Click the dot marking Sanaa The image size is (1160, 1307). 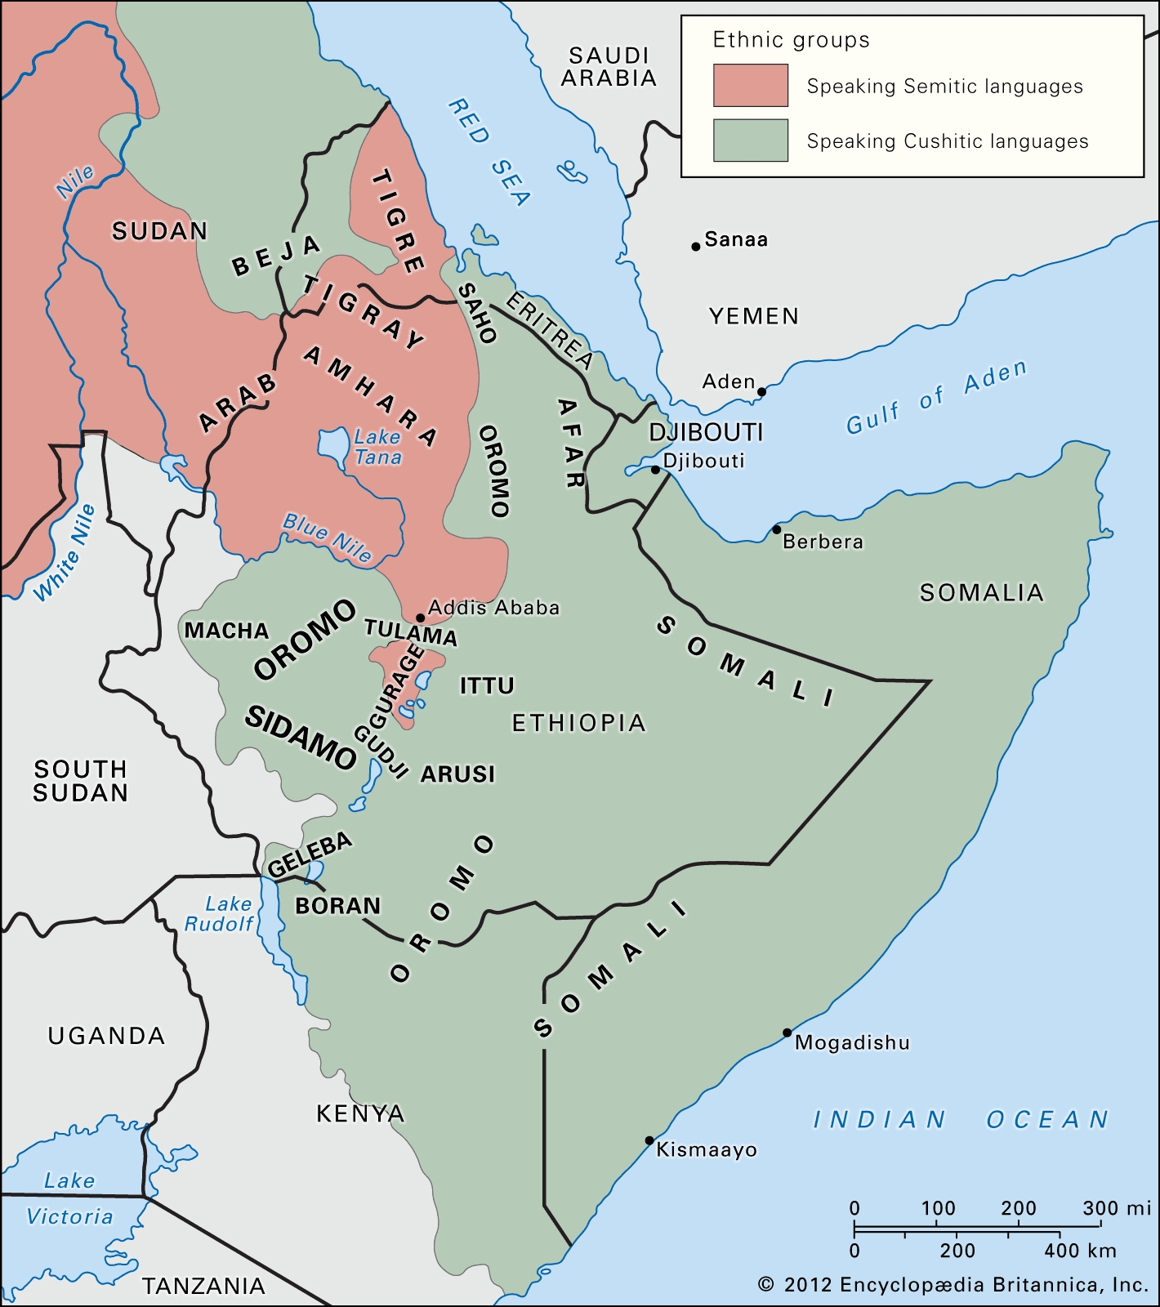point(695,246)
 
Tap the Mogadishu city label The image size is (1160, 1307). point(851,1042)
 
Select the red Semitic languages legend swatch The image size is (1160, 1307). point(750,85)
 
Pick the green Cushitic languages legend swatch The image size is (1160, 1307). point(750,140)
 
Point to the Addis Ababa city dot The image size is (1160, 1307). point(420,618)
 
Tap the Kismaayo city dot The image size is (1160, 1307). point(649,1140)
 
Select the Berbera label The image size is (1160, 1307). point(823,542)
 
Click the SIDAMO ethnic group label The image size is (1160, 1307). point(301,737)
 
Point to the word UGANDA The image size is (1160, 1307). point(106,1036)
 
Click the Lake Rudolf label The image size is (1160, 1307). point(219,914)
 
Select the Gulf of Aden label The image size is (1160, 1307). point(935,398)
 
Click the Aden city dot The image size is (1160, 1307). point(761,392)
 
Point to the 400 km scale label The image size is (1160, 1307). point(1079,1250)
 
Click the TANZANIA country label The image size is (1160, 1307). point(203,1286)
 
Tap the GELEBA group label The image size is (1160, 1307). point(310,854)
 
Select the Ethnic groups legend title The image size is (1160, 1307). point(791,40)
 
